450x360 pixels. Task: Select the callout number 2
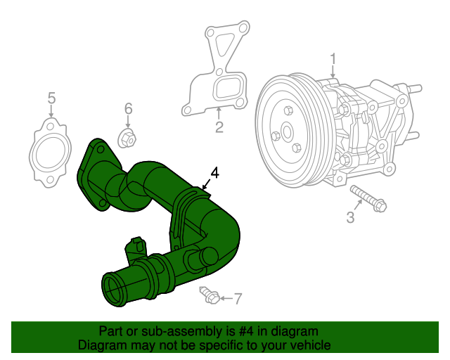(219, 127)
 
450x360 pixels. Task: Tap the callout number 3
(350, 217)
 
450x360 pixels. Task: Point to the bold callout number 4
(214, 172)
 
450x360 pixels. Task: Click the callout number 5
(51, 98)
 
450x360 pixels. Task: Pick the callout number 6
(128, 108)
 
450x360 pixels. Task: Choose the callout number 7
(237, 299)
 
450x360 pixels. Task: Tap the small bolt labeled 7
(209, 296)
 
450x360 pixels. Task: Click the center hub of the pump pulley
(286, 131)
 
